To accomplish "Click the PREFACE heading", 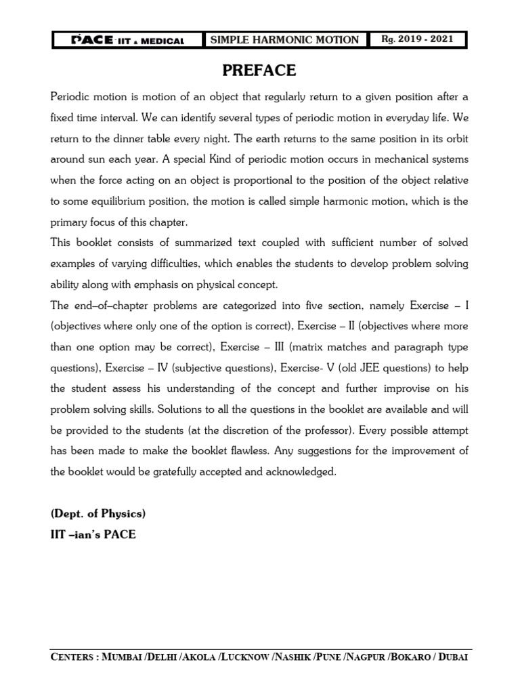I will [259, 70].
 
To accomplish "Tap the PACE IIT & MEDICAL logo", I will [128, 40].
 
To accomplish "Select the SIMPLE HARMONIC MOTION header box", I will [284, 40].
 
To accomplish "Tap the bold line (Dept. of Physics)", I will [98, 514].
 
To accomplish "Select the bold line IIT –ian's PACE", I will [93, 535].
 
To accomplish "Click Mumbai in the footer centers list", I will [125, 658].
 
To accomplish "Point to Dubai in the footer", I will [450, 658].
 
